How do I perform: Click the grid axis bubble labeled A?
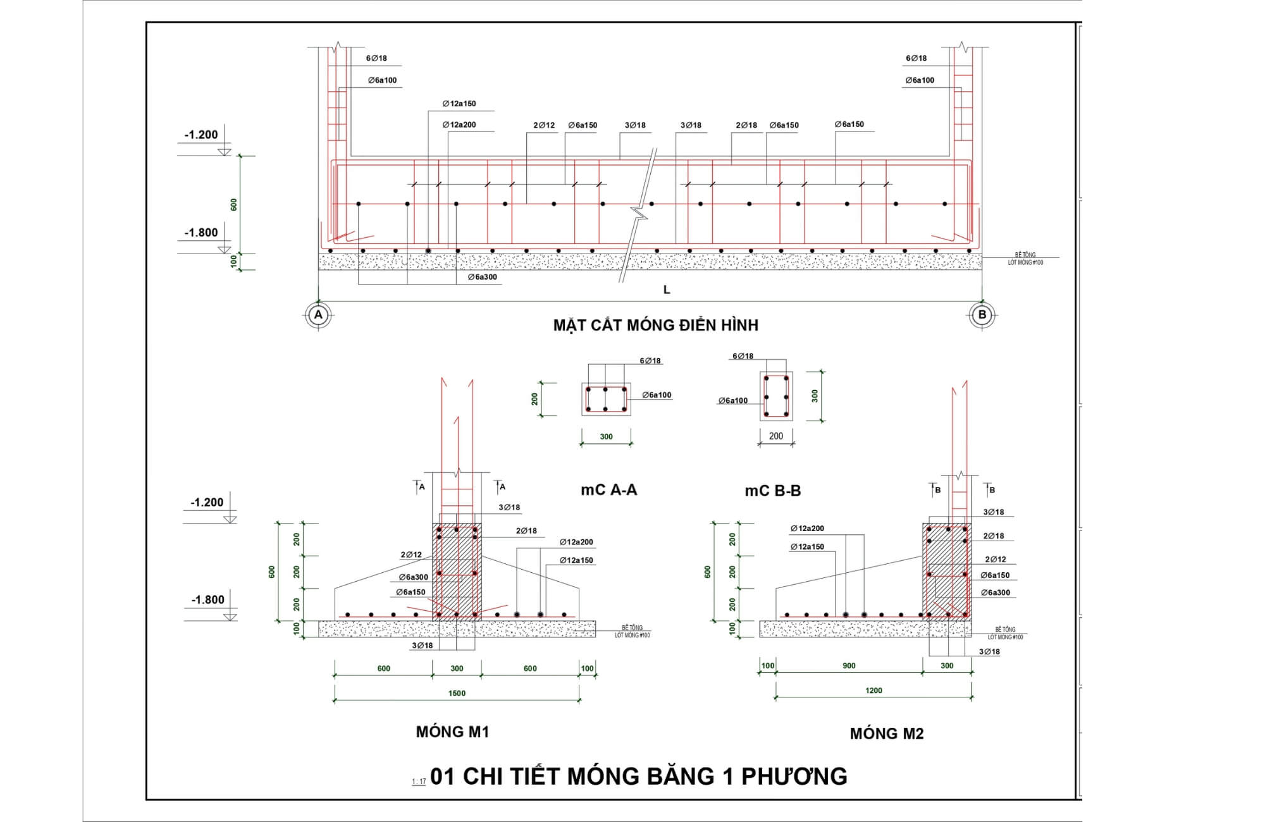[x=318, y=314]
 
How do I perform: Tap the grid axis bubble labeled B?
[x=982, y=314]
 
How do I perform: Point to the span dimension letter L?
[x=667, y=290]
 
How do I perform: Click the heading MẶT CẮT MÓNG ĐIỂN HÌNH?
[x=655, y=325]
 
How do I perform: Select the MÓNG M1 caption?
[x=452, y=732]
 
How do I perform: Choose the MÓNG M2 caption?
[x=886, y=733]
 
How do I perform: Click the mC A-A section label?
[x=608, y=489]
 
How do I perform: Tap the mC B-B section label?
[x=772, y=491]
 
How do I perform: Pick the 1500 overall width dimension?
[x=457, y=693]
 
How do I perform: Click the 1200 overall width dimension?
[x=873, y=690]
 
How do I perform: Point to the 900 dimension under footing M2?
[x=849, y=665]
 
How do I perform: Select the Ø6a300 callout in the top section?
[x=483, y=277]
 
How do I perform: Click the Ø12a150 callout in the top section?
[x=459, y=104]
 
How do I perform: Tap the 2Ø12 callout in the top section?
[x=544, y=125]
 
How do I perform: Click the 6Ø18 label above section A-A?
[x=650, y=361]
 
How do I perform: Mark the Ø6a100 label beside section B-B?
[x=733, y=401]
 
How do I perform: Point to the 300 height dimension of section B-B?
[x=815, y=396]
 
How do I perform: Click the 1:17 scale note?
[x=419, y=782]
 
